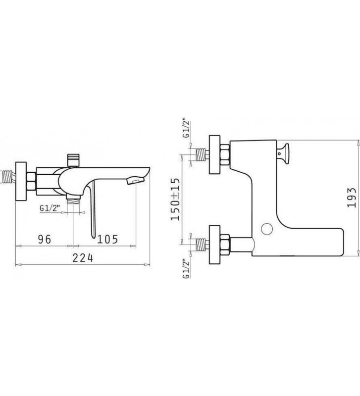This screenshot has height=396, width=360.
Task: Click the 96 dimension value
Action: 45,239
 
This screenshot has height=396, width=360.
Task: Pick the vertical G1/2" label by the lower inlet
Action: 186,269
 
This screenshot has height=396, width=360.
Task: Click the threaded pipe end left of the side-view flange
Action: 7,177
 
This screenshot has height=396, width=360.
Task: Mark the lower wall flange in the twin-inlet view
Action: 216,243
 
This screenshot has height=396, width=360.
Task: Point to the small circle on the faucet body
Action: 268,229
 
